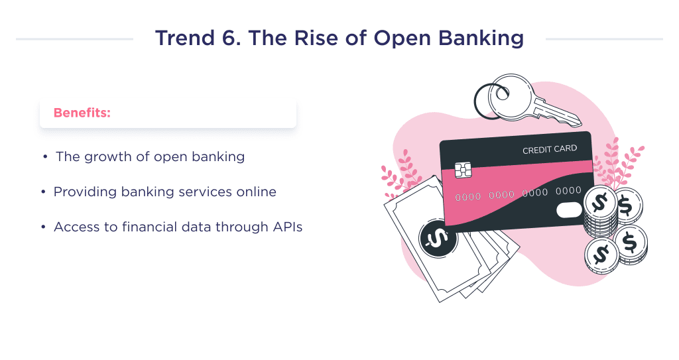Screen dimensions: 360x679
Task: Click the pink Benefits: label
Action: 82,113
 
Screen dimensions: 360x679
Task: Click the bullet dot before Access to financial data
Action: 44,227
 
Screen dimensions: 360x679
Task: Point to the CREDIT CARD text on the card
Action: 549,150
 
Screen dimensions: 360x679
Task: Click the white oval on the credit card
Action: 569,210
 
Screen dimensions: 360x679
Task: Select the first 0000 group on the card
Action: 468,197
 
